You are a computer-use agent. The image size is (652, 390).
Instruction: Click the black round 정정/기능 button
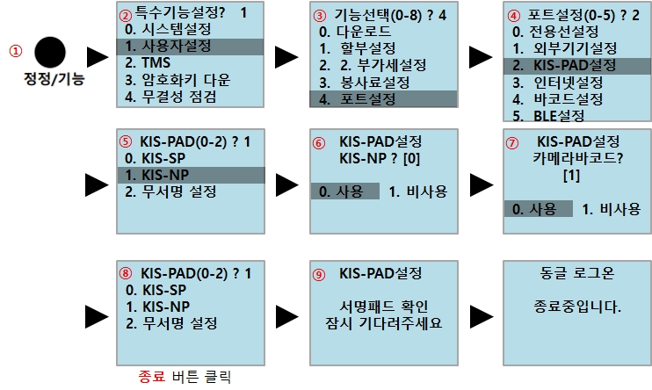coord(49,50)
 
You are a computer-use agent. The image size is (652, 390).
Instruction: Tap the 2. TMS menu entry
coord(149,63)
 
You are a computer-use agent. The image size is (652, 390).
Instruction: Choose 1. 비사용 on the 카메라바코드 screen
coord(612,208)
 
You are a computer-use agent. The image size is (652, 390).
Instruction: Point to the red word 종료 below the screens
coord(151,377)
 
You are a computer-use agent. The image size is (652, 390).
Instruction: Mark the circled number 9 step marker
coord(318,274)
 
